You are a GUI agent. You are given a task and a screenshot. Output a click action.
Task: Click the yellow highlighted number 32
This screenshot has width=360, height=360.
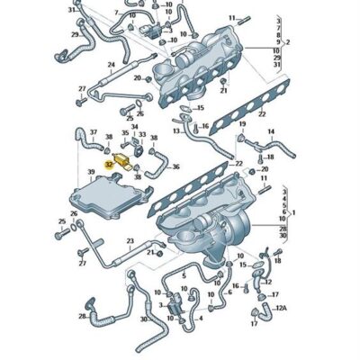coord(109,165)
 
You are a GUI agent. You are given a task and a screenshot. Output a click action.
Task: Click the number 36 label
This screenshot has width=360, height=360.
coord(175,166)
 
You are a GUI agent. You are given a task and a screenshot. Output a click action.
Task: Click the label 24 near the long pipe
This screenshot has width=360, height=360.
coord(111,65)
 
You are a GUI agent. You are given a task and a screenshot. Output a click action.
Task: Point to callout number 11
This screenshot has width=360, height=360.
coord(231,18)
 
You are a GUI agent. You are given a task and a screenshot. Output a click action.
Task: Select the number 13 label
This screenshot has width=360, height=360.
coord(178,131)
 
